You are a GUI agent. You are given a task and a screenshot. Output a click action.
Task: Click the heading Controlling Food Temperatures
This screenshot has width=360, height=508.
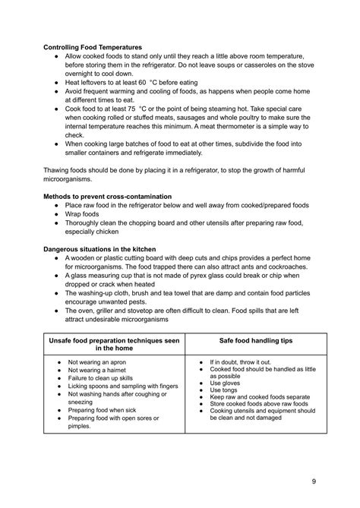pos(92,47)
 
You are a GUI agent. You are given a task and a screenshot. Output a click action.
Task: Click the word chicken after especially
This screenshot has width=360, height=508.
pos(115,233)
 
